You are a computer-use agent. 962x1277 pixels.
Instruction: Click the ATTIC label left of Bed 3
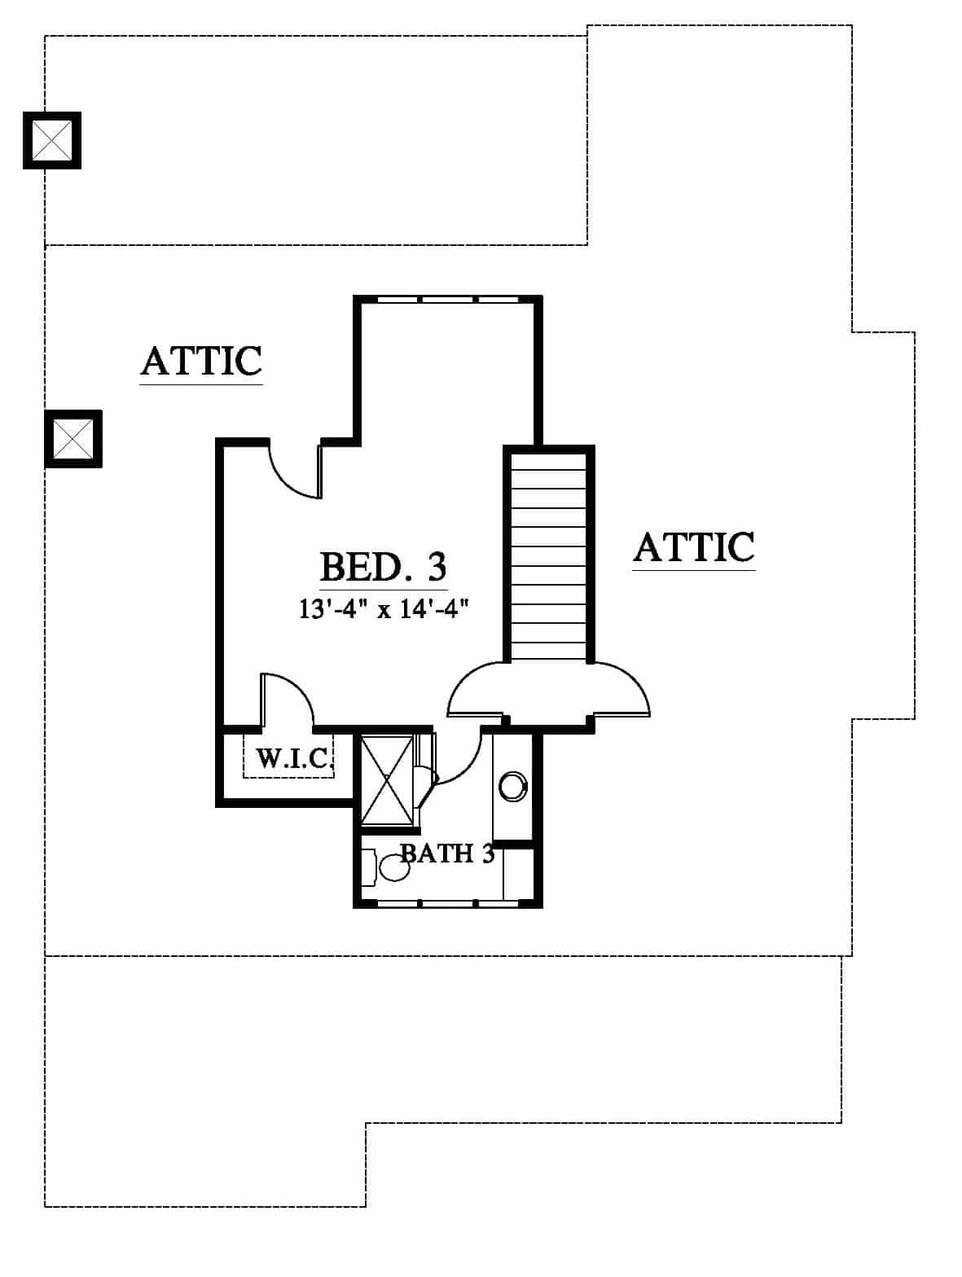tap(201, 362)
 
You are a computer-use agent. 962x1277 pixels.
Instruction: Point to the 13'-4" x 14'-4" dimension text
tap(384, 609)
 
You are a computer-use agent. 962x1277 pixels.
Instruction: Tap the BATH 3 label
tap(448, 854)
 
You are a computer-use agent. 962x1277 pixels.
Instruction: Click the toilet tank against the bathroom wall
tap(368, 867)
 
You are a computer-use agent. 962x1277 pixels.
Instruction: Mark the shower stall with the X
tap(387, 780)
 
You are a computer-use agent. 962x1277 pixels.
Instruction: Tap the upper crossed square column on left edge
tap(52, 140)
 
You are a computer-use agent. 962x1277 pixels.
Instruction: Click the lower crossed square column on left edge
tap(73, 439)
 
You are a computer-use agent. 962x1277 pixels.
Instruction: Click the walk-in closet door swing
tap(288, 700)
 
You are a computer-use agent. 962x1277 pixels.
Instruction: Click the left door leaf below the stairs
tap(475, 689)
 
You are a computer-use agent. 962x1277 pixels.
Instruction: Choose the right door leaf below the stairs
tap(621, 689)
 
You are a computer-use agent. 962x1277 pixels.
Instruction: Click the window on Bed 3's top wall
tap(448, 301)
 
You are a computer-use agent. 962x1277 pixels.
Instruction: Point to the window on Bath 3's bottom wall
tap(448, 903)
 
